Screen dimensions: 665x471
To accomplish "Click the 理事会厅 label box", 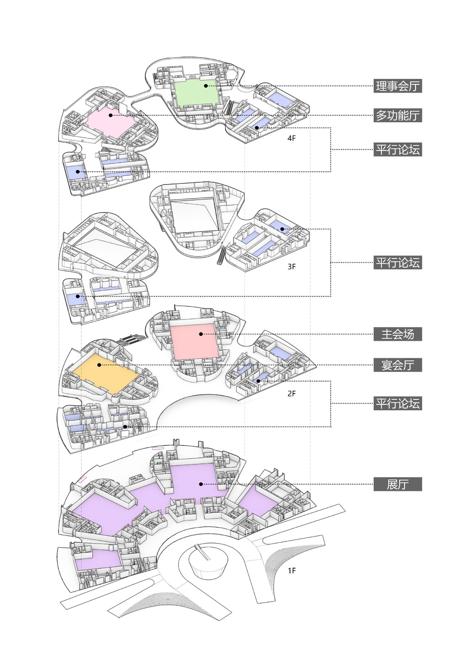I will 397,86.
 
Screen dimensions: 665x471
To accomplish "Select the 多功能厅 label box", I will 397,115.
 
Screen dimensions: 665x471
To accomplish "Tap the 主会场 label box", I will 397,334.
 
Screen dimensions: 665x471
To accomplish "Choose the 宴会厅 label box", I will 397,365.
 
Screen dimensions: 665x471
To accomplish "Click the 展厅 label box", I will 397,484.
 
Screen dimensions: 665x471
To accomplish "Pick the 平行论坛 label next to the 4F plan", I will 397,149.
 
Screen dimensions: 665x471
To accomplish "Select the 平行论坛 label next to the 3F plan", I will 397,263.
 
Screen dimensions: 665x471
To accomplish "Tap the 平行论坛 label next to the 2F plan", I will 397,403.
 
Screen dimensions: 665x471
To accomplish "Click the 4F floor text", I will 291,138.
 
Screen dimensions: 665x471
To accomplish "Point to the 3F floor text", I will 291,266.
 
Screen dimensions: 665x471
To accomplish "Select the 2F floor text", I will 291,393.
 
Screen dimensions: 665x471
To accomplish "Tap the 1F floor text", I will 291,571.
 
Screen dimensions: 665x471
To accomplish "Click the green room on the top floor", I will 196,94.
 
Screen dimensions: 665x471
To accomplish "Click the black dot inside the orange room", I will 99,365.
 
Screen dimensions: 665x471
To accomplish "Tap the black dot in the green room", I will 206,86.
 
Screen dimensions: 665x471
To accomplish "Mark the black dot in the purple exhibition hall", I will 201,484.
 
